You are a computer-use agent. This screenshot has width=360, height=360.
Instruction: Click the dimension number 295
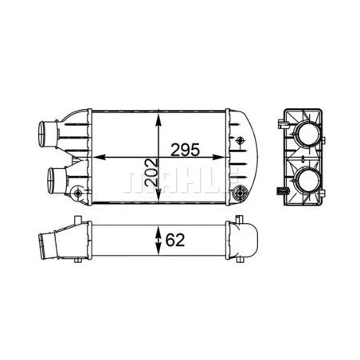(x=185, y=150)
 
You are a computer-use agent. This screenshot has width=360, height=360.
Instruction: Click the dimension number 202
(x=152, y=172)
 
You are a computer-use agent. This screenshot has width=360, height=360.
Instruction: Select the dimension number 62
(x=175, y=240)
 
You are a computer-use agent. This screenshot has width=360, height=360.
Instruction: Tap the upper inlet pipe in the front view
(x=49, y=134)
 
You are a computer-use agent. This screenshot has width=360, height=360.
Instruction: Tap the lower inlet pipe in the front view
(x=57, y=180)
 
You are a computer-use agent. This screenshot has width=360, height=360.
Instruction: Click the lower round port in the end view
(x=307, y=181)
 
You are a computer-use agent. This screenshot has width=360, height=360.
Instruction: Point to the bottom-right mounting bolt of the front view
(x=240, y=194)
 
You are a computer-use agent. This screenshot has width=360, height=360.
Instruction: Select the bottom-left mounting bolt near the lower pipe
(x=77, y=193)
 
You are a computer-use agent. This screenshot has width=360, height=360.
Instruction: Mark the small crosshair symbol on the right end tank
(x=241, y=140)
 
